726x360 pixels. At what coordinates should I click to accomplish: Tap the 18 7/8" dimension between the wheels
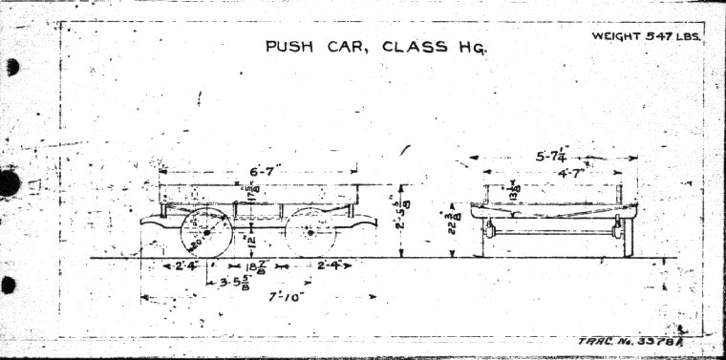pos(257,266)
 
